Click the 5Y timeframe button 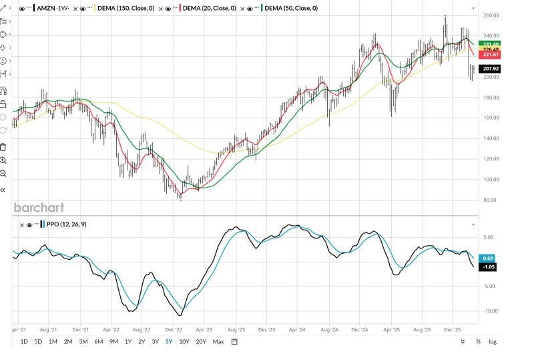pos(168,342)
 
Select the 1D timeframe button pos(24,342)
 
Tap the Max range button pos(218,342)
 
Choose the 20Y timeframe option pos(201,342)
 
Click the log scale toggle pos(493,342)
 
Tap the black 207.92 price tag pos(491,69)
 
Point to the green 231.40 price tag pos(491,44)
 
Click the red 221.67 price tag pos(491,55)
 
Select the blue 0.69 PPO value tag pos(489,258)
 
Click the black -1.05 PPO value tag pos(489,266)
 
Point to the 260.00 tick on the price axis pos(491,15)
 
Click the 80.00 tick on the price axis pos(490,200)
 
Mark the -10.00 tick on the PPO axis pos(490,311)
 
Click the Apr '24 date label pos(297,329)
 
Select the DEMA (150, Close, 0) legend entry pos(125,9)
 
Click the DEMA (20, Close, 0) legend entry pos(209,9)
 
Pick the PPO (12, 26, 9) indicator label pos(67,224)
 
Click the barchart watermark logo pos(39,208)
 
